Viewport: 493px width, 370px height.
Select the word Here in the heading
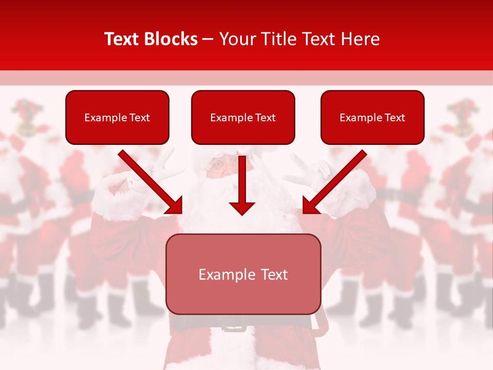point(359,39)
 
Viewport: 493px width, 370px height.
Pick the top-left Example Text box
point(117,118)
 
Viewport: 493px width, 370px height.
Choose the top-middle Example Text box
point(243,118)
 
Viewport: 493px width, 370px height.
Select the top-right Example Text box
point(372,118)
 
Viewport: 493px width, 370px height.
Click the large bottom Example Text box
point(243,274)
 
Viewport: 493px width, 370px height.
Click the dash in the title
point(208,40)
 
